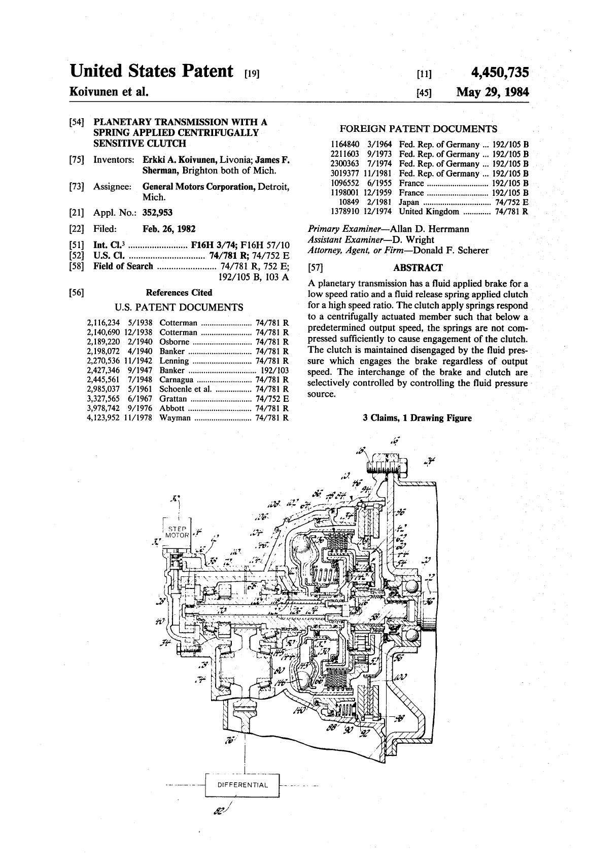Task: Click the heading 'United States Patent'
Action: [152, 72]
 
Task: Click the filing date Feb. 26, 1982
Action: [169, 229]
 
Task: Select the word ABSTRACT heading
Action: [418, 268]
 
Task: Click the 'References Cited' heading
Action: [179, 292]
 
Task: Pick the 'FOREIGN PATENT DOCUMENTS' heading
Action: [418, 129]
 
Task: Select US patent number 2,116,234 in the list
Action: [103, 322]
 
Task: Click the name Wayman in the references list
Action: [175, 418]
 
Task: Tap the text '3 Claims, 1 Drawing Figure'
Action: [417, 418]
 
